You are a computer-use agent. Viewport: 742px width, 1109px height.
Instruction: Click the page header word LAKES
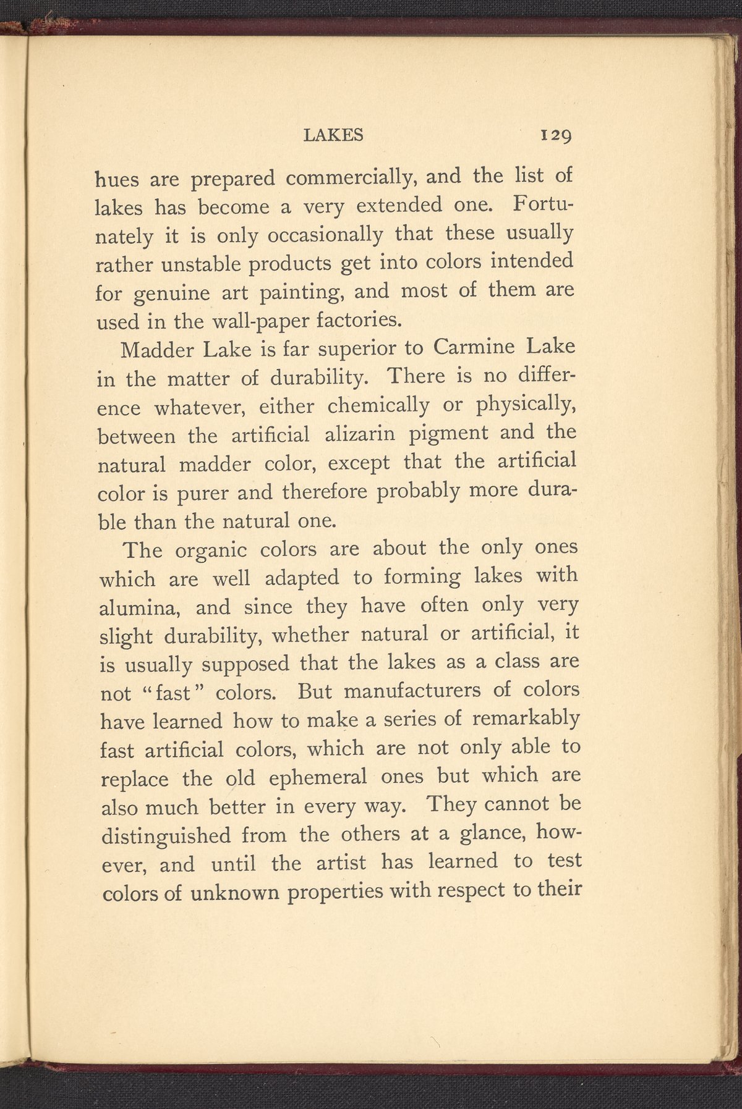(x=333, y=135)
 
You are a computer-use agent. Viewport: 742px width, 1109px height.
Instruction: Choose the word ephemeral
(x=317, y=777)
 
